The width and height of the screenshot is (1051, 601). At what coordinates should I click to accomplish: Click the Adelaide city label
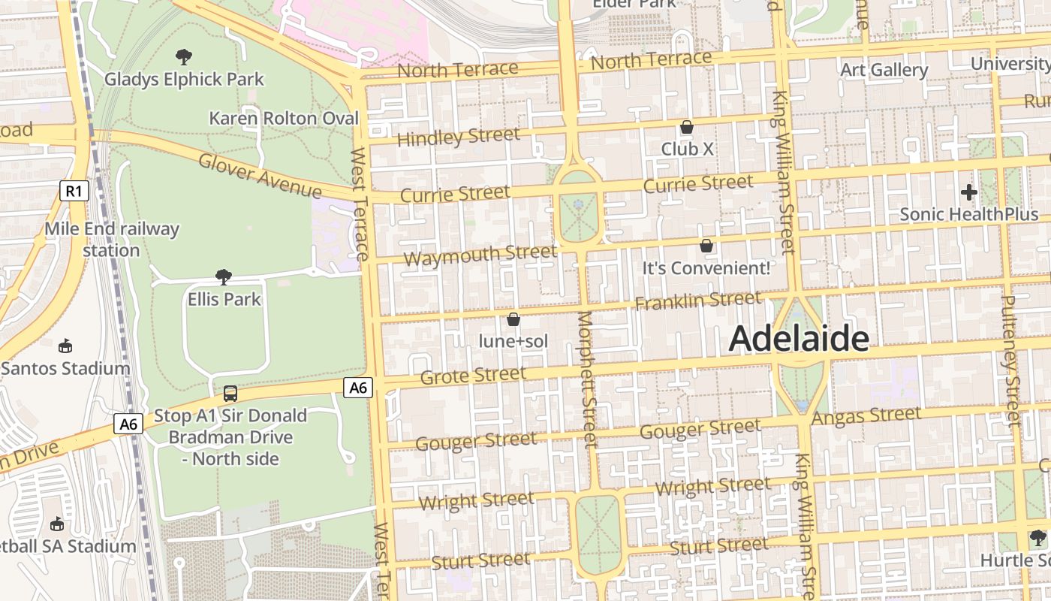[799, 339]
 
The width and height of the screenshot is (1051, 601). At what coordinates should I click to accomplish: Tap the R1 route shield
[74, 191]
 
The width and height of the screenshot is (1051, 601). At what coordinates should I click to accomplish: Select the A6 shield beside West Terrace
[358, 388]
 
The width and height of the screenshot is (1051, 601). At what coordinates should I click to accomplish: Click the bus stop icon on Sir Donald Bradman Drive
[230, 393]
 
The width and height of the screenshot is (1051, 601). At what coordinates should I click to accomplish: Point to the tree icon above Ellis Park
[223, 276]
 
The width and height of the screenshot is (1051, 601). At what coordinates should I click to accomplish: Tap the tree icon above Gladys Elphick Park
[183, 56]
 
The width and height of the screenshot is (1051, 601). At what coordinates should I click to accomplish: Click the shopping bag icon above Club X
[686, 127]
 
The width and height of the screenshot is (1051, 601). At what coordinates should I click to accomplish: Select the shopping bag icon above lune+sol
[513, 319]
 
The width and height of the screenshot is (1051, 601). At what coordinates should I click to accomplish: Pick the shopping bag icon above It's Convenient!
[706, 246]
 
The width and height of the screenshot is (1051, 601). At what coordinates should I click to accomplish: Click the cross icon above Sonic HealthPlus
[968, 192]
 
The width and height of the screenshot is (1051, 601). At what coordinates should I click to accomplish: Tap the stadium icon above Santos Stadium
[65, 346]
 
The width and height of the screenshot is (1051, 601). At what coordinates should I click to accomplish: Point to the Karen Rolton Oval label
[283, 119]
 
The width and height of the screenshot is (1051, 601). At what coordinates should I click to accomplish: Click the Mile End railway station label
[111, 239]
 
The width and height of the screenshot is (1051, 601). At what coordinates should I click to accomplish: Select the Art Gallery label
[884, 70]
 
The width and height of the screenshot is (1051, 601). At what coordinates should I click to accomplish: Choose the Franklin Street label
[697, 301]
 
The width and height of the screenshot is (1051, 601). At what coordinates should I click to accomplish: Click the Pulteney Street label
[1010, 361]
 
